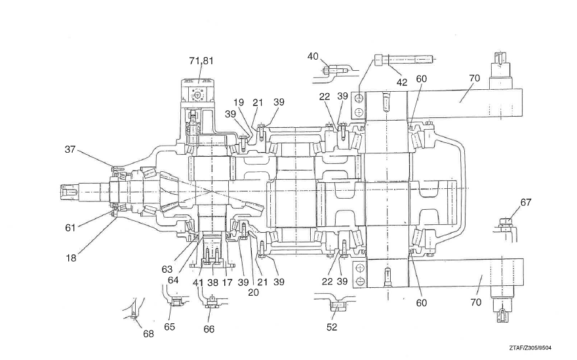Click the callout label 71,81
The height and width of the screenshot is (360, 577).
[201, 61]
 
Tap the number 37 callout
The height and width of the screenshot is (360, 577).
[71, 149]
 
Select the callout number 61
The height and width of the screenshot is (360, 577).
[71, 228]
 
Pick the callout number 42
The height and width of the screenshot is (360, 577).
[402, 83]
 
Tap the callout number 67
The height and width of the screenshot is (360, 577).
[526, 203]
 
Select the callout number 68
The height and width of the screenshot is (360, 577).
[149, 334]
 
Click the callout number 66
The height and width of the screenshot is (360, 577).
[209, 329]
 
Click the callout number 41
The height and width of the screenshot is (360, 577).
[199, 283]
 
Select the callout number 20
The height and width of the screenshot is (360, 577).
[254, 292]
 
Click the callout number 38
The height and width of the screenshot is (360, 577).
[212, 283]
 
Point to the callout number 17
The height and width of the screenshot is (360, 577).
[228, 283]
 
